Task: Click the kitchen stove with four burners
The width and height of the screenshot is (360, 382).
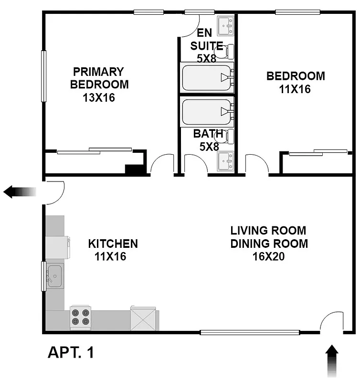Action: tap(80, 317)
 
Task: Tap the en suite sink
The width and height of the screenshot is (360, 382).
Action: tap(225, 25)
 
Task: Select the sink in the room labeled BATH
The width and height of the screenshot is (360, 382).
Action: tap(225, 161)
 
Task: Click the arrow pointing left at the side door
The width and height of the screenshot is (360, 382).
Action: tap(19, 192)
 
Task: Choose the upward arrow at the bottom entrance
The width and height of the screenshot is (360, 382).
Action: tap(332, 361)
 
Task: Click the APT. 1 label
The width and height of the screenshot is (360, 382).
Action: tap(71, 353)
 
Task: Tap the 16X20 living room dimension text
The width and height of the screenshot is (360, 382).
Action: tap(269, 256)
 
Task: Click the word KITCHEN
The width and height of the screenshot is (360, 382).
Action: tap(113, 244)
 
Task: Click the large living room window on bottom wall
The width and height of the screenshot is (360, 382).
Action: tap(249, 332)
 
